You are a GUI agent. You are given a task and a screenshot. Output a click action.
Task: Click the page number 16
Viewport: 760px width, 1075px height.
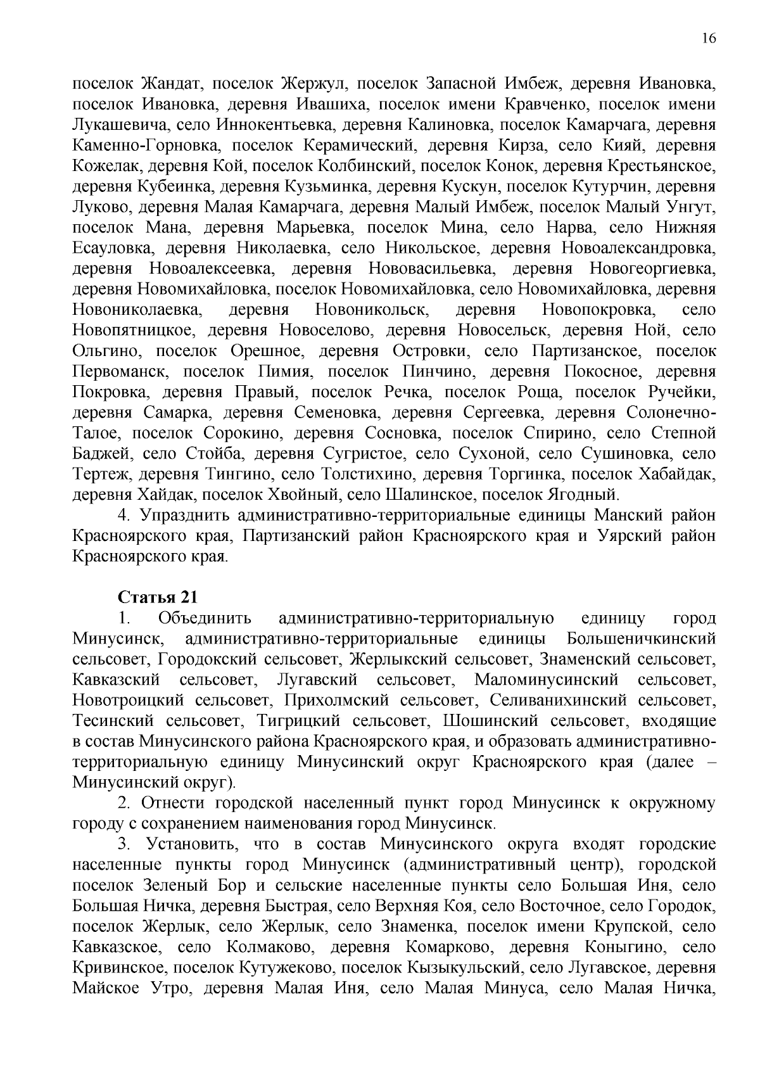pyautogui.click(x=709, y=38)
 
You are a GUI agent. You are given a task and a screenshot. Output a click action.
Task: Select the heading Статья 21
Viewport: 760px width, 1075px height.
pyautogui.click(x=158, y=597)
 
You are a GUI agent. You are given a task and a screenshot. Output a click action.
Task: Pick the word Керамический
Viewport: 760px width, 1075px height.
pyautogui.click(x=359, y=146)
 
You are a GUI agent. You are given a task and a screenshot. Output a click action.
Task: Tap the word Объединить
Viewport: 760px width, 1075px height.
pyautogui.click(x=205, y=618)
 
